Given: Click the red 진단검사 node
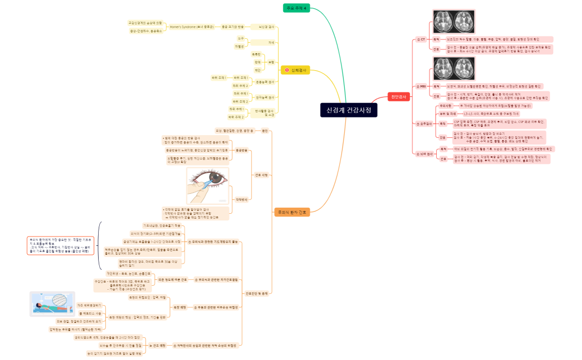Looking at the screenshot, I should pos(399,96).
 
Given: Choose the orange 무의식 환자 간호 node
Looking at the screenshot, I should pos(292,212).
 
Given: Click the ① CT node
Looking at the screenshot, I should pos(421,40).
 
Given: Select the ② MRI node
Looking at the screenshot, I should pos(421,86).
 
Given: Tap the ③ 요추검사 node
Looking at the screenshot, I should pos(423,124).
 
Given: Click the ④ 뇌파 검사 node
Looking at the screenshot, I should pos(424,153).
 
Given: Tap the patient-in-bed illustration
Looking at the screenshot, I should pos(51,304).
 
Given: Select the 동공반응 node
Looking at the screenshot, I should pos(241,150).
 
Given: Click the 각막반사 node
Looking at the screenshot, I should pos(241,199).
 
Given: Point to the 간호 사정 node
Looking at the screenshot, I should pos(261,175).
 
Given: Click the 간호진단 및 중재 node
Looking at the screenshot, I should pos(257,293).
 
